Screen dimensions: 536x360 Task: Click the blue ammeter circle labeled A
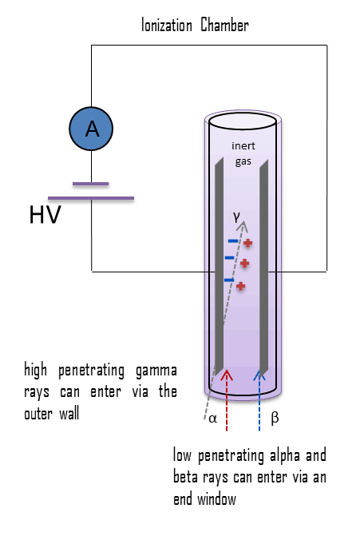pos(92,129)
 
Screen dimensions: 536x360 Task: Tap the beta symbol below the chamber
pos(274,417)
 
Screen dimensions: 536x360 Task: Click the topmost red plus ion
pos(248,243)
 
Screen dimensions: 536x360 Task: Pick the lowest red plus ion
pos(240,285)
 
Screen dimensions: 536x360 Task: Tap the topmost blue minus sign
pos(232,240)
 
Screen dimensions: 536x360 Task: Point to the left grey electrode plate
pos(217,264)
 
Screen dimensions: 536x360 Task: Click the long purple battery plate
pos(91,197)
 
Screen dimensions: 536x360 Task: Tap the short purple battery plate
pos(90,184)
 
